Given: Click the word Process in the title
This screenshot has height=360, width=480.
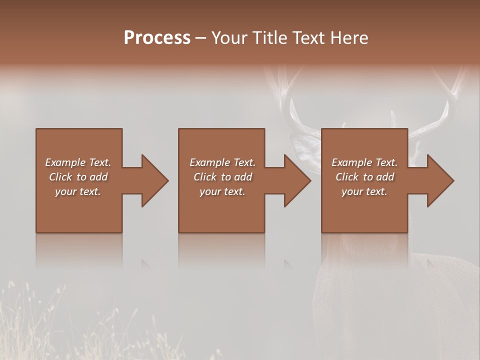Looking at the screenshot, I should click(157, 38).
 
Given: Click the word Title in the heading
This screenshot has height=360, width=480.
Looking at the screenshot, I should click(270, 38).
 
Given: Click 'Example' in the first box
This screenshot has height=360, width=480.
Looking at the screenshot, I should click(65, 162).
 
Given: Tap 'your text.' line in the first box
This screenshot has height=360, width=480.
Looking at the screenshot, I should click(78, 191).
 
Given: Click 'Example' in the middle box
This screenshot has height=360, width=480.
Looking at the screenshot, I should click(209, 162).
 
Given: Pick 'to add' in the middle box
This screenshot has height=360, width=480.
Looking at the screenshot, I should click(236, 177).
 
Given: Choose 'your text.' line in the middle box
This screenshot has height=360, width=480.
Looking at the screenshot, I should click(222, 191).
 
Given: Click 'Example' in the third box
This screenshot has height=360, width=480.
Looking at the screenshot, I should click(351, 162).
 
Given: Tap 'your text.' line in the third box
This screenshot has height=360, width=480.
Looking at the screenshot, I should click(364, 191).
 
